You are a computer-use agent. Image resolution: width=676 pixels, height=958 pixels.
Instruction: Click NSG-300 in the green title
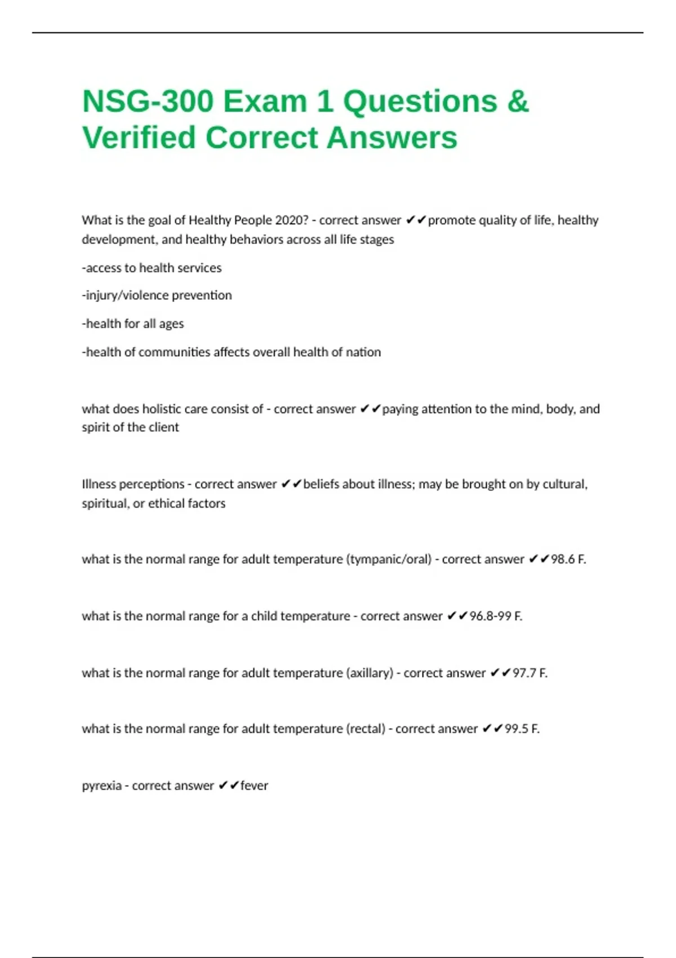tap(148, 102)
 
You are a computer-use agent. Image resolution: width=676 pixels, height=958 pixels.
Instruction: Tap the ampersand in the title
tap(518, 102)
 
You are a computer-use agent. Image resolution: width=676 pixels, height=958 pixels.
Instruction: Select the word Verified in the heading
tap(139, 138)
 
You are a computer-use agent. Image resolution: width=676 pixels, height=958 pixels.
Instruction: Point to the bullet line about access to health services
tap(152, 268)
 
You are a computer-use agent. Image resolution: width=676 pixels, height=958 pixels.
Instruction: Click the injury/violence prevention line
tap(157, 295)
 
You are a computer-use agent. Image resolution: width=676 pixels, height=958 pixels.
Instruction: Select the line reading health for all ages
tap(133, 324)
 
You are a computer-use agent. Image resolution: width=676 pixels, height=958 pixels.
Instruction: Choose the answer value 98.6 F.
tap(568, 560)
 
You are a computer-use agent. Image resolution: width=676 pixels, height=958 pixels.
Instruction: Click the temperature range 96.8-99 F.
tap(496, 617)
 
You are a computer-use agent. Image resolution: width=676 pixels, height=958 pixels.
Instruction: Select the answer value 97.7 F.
tap(530, 673)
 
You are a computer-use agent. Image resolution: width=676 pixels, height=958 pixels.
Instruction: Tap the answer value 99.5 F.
tap(522, 729)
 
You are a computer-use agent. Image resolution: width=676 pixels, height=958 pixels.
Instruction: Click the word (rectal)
tap(366, 729)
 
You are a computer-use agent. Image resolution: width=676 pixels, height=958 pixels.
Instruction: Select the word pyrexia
tap(101, 786)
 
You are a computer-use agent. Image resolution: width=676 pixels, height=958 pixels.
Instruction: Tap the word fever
tap(254, 786)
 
